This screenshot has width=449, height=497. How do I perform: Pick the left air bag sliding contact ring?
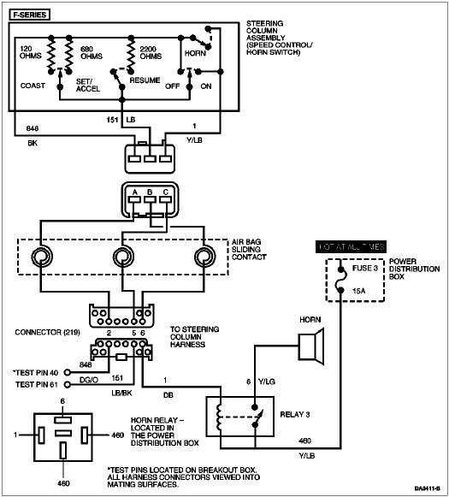(x=42, y=257)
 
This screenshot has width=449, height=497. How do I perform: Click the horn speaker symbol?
(x=312, y=346)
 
